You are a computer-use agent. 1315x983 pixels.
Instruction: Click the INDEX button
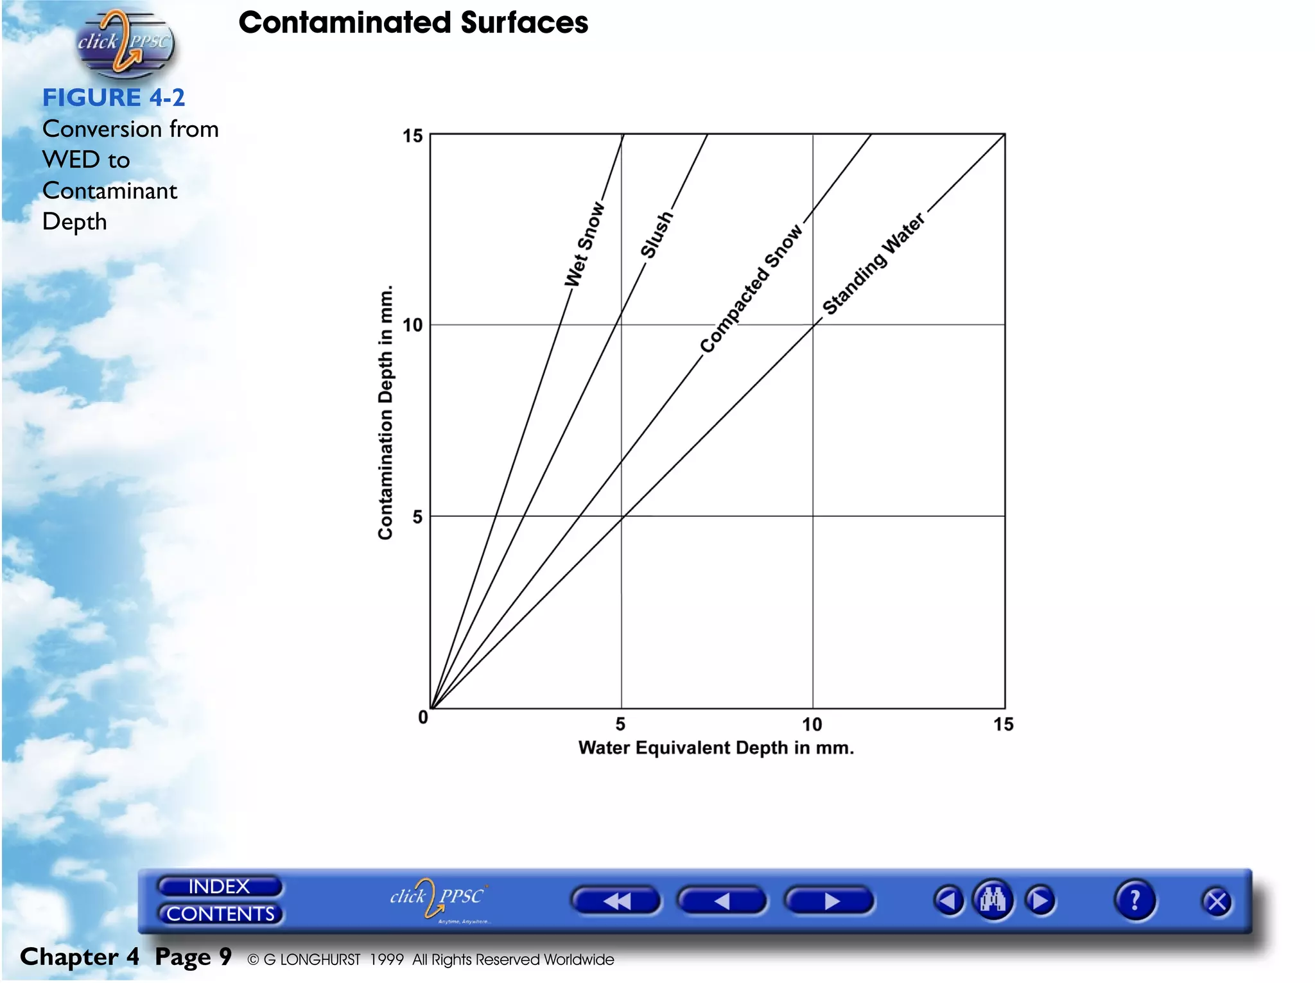coord(219,887)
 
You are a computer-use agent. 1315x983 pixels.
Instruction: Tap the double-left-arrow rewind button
coord(616,901)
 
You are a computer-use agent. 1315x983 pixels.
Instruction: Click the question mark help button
coord(1135,900)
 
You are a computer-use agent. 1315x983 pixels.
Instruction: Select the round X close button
coord(1217,902)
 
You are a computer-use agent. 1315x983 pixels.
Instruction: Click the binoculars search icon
coord(993,900)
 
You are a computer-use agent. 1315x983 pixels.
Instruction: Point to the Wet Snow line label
coord(584,245)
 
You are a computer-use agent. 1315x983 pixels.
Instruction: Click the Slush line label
coord(656,235)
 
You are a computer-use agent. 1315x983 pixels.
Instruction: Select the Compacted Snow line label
coord(751,289)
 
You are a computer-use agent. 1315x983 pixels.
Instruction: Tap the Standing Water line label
coord(873,264)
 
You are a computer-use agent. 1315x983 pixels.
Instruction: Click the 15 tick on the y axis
coord(413,136)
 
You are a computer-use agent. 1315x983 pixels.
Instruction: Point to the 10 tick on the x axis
coord(812,725)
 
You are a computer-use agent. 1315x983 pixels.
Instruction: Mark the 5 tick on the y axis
coord(417,517)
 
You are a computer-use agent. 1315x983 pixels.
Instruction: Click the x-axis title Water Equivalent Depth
coord(716,748)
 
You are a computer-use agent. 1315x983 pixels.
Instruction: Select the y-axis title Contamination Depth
coord(385,413)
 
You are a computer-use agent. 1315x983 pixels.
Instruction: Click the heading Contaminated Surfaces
coord(413,23)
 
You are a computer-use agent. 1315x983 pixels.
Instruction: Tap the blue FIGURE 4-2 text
coord(114,98)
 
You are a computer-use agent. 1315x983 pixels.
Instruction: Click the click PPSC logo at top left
coord(124,42)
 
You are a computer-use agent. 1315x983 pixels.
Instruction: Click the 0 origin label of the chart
coord(423,717)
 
